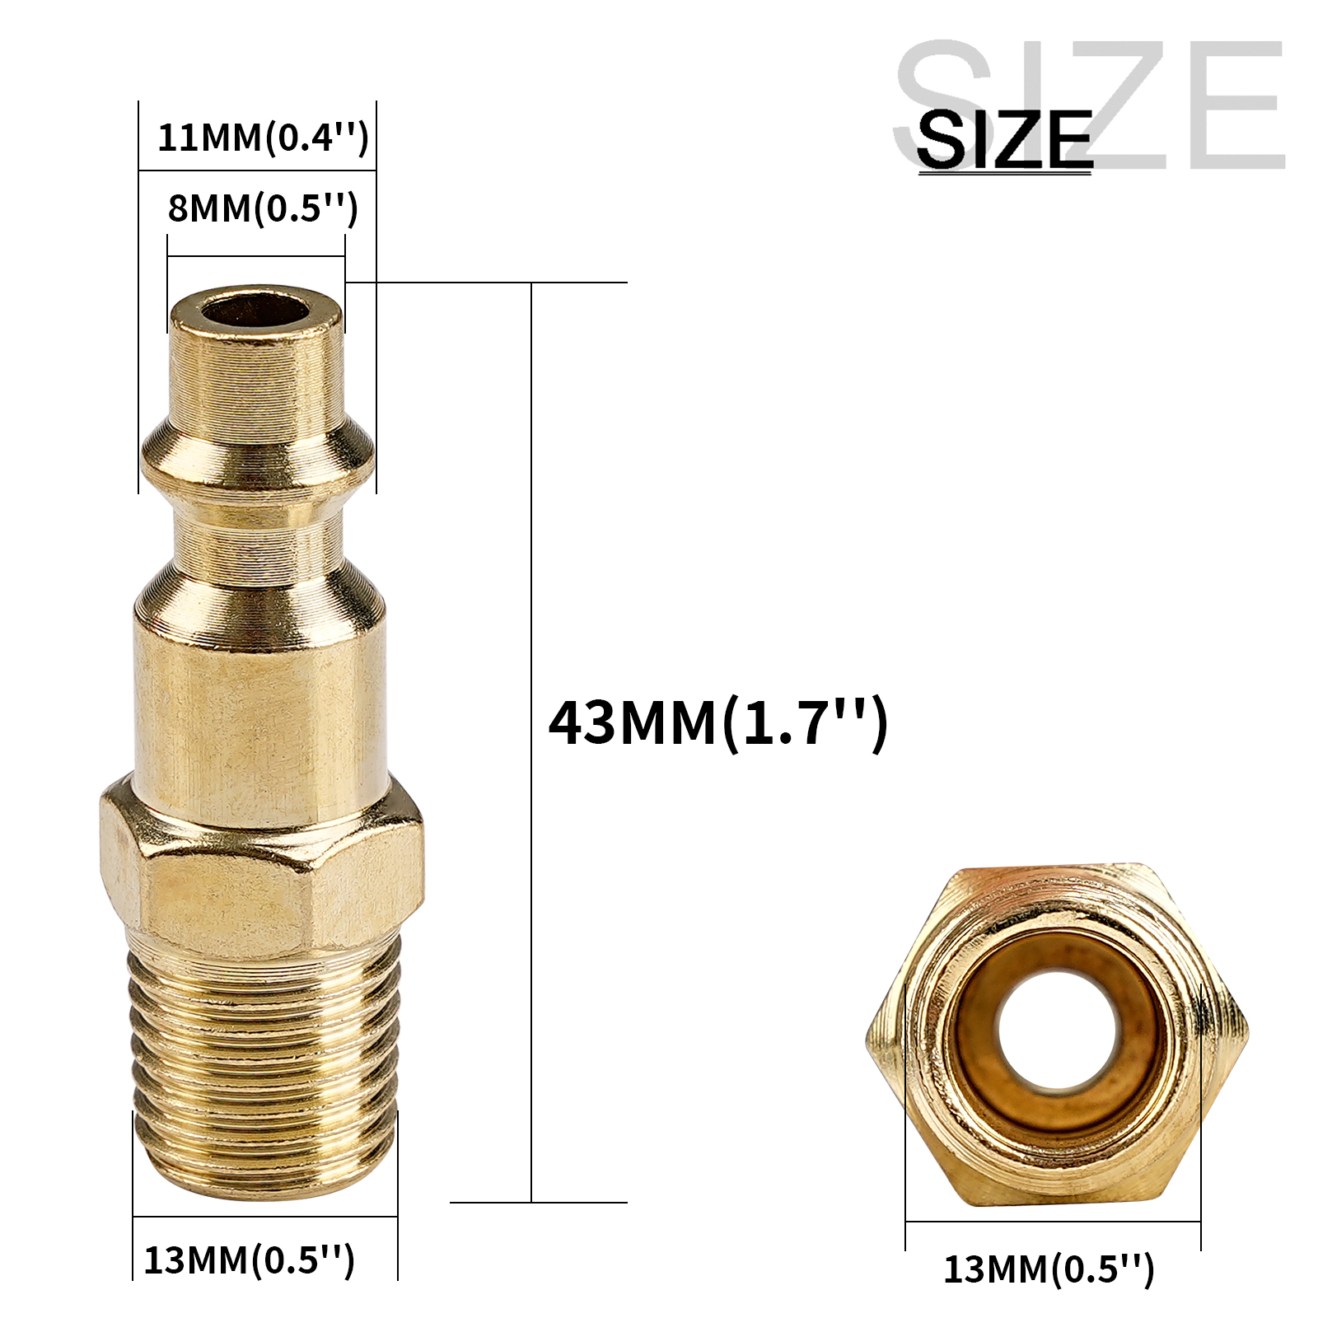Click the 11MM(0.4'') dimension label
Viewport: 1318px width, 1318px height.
pos(262,137)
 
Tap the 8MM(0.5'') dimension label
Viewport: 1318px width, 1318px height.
pos(262,208)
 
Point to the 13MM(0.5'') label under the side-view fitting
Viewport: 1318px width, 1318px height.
pos(249,1260)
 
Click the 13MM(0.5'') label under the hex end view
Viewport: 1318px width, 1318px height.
pos(1049,1269)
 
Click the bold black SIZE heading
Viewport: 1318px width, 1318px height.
pos(1004,138)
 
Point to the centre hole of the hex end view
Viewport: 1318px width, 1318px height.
pos(1057,1031)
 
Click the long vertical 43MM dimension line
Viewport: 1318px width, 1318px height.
pos(531,741)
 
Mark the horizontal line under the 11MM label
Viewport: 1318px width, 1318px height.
pos(257,171)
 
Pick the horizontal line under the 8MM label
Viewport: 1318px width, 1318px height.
pos(256,256)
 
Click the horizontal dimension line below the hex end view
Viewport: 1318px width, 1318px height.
pos(1053,1222)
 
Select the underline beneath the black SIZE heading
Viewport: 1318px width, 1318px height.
pos(1004,171)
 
